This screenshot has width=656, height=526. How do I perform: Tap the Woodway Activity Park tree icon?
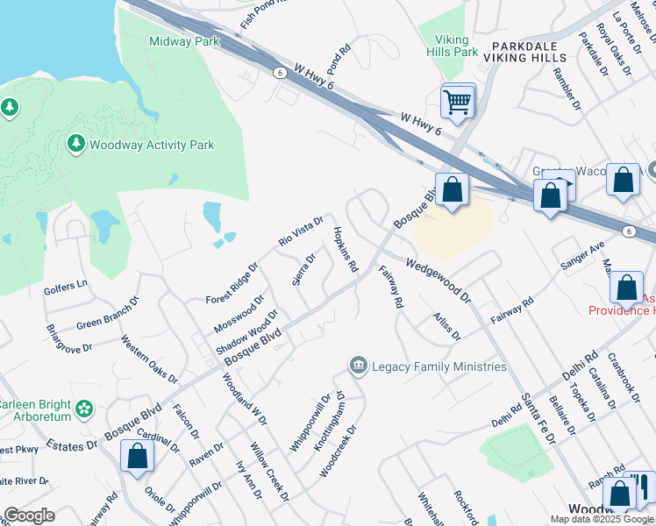click(x=75, y=143)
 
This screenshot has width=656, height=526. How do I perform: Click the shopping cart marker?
click(x=457, y=103)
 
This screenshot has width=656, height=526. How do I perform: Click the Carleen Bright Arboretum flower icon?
click(x=84, y=408)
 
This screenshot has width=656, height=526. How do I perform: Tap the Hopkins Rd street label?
click(x=345, y=248)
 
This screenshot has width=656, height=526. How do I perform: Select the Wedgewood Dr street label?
click(x=439, y=278)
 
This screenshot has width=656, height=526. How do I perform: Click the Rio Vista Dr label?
click(x=302, y=231)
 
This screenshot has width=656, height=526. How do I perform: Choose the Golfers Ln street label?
click(x=67, y=286)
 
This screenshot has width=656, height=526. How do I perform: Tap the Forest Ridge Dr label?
click(x=232, y=283)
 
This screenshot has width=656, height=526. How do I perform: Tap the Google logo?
click(x=29, y=515)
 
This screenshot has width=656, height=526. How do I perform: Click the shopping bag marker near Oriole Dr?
click(x=138, y=456)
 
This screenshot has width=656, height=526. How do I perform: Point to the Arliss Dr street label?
click(x=446, y=323)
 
